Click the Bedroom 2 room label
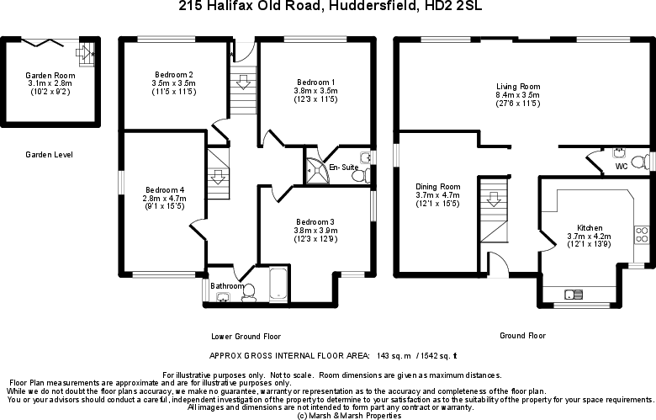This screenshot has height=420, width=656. tap(173, 74)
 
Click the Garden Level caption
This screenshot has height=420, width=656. tap(49, 155)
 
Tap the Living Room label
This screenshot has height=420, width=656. tap(517, 86)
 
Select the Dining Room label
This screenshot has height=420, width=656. tap(438, 186)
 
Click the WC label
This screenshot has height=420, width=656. tap(621, 167)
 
